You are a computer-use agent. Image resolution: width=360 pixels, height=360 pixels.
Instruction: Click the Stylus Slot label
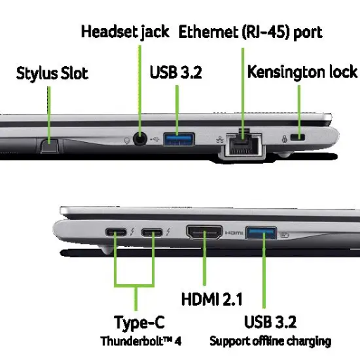click(x=52, y=73)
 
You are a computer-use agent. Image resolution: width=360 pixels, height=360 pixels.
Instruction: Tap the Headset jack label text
click(x=125, y=32)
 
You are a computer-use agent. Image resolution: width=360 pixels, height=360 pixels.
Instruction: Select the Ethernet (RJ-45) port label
click(x=250, y=32)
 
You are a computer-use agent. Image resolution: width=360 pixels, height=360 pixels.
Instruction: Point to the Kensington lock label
click(x=302, y=72)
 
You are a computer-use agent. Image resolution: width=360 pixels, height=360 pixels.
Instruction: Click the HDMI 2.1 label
click(x=212, y=299)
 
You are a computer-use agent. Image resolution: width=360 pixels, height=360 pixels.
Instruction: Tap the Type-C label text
click(x=139, y=323)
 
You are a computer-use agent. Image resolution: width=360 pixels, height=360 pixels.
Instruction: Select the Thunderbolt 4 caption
click(x=141, y=341)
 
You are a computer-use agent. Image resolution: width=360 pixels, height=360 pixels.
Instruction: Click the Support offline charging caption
click(x=271, y=341)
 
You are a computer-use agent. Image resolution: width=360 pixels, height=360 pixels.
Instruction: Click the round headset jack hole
click(x=140, y=139)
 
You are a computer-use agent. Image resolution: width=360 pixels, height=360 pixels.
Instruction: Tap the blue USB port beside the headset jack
click(x=179, y=139)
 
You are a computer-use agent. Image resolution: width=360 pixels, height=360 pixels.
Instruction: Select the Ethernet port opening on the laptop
click(x=244, y=144)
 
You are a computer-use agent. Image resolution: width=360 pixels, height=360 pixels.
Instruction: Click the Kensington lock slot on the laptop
click(x=297, y=137)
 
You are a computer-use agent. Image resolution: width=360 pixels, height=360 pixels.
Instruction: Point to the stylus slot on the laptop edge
click(x=49, y=146)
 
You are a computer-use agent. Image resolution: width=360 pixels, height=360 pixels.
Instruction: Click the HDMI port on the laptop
click(x=205, y=232)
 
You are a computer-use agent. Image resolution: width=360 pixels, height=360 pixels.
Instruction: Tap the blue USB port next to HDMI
click(x=261, y=233)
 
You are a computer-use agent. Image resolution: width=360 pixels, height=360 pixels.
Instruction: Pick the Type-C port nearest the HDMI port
click(x=152, y=232)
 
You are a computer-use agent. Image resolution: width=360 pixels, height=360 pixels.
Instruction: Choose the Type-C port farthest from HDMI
click(x=116, y=232)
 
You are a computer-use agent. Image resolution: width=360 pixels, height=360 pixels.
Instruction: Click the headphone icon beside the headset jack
click(x=127, y=141)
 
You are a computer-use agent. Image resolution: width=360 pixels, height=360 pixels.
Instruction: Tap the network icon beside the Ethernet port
click(x=219, y=140)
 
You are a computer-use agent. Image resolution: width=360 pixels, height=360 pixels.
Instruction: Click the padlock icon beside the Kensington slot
click(x=285, y=139)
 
